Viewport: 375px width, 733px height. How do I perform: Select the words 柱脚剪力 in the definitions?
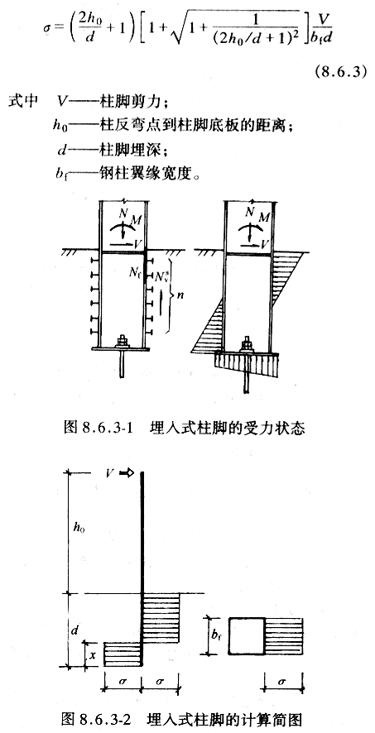click(x=127, y=102)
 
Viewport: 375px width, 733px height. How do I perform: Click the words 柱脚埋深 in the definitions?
click(x=127, y=151)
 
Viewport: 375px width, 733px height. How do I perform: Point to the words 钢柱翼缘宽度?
click(x=139, y=175)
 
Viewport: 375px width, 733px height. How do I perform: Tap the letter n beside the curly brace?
click(x=179, y=295)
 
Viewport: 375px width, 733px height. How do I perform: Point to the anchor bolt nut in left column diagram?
click(x=123, y=341)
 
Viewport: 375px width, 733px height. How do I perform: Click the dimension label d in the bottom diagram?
click(x=75, y=630)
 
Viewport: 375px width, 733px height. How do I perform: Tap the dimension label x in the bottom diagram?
click(x=92, y=655)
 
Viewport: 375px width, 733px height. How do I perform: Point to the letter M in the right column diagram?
click(x=264, y=216)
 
